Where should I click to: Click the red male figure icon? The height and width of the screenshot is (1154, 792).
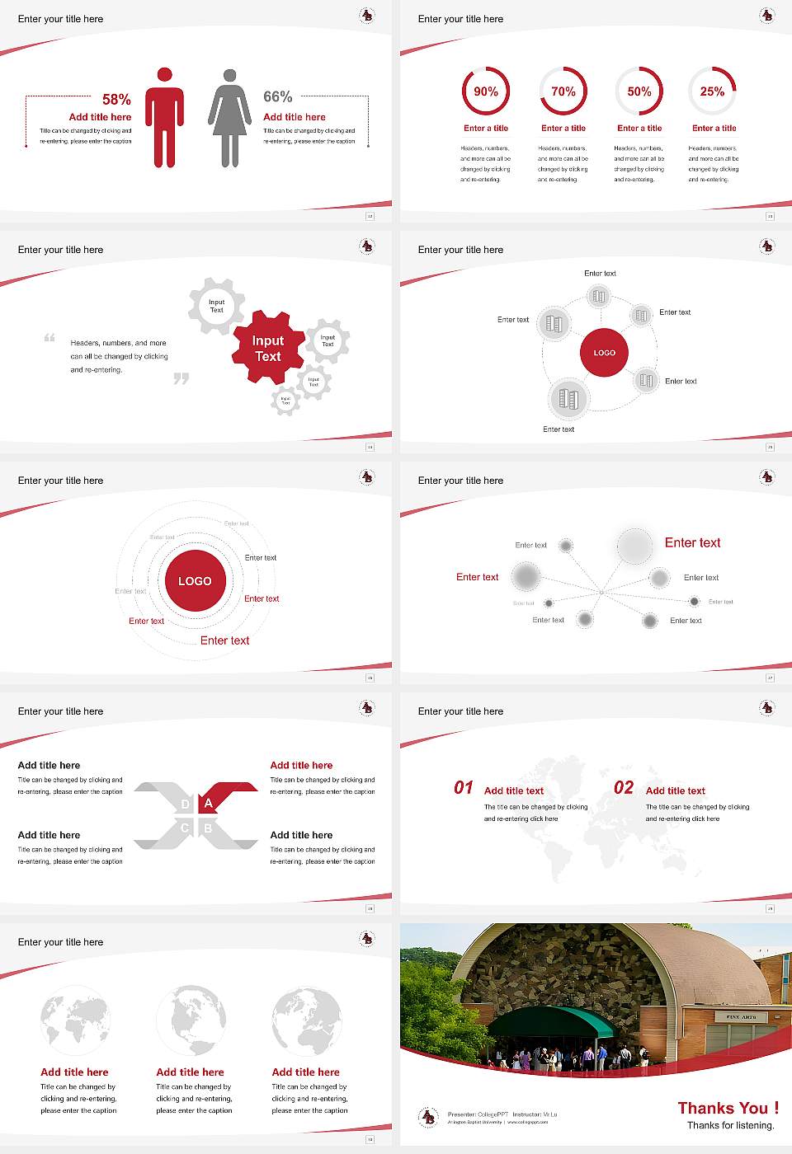(164, 117)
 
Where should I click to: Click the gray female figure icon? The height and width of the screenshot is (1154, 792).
(229, 117)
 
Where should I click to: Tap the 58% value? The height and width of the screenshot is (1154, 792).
(116, 100)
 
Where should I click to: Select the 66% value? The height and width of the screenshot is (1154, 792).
(278, 96)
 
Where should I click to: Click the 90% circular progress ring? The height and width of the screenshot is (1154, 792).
(486, 91)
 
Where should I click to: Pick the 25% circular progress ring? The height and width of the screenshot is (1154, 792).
(712, 91)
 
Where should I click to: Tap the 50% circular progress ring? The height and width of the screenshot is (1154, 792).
(639, 91)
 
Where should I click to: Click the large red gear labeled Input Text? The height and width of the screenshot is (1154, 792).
(268, 348)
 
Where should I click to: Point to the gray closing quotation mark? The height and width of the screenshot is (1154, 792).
(181, 378)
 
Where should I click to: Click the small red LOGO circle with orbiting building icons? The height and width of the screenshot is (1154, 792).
(605, 353)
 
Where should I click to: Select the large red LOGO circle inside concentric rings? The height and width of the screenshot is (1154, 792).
(195, 581)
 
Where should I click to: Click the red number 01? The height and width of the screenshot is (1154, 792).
(464, 788)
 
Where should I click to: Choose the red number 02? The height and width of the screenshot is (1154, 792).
(624, 788)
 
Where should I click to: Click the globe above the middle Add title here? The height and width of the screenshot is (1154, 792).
(191, 1020)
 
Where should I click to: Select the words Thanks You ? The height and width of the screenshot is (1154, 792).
(728, 1108)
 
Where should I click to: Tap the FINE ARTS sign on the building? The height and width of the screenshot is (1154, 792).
(741, 1016)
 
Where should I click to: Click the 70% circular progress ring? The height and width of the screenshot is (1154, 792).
(563, 91)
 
